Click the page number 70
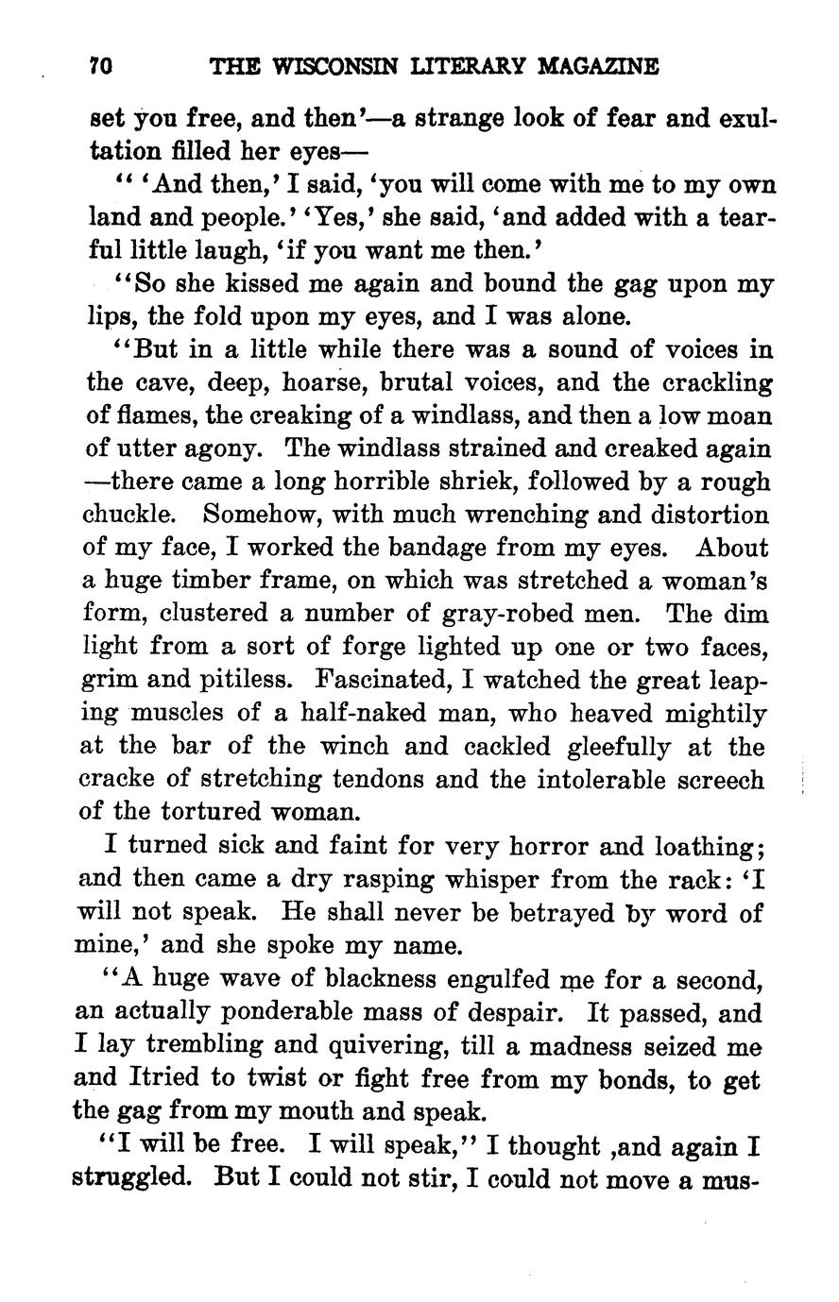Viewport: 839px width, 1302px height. coord(99,67)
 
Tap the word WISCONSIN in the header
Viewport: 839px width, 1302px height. coord(326,67)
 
